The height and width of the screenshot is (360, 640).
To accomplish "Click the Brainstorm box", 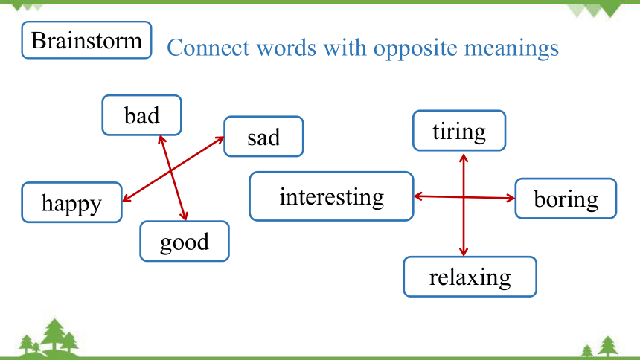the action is pyautogui.click(x=86, y=40).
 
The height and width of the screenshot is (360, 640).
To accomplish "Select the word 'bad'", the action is pyautogui.click(x=141, y=115).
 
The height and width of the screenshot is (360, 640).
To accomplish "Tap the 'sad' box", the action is pyautogui.click(x=263, y=136).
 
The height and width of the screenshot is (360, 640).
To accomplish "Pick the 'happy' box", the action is pyautogui.click(x=72, y=202).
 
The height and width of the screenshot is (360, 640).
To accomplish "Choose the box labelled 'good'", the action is pyautogui.click(x=185, y=241).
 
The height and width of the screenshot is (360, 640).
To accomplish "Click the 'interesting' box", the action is pyautogui.click(x=331, y=196).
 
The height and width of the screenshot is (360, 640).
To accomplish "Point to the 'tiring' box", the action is pyautogui.click(x=459, y=131).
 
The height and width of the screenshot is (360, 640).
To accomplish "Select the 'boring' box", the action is pyautogui.click(x=566, y=199).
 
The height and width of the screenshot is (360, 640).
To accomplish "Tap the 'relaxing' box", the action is pyautogui.click(x=470, y=277).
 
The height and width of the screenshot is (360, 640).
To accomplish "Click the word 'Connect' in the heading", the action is pyautogui.click(x=208, y=48).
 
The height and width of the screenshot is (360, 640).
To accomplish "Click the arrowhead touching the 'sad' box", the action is pyautogui.click(x=220, y=140).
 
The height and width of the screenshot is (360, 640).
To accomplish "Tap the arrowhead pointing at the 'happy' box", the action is pyautogui.click(x=127, y=198).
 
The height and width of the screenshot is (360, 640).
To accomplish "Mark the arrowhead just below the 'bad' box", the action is pyautogui.click(x=161, y=140).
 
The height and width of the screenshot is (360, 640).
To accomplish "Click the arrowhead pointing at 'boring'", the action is pyautogui.click(x=511, y=199).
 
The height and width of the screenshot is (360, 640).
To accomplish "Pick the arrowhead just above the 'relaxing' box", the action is pyautogui.click(x=464, y=251).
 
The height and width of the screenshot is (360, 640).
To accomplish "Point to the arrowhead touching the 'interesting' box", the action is pyautogui.click(x=418, y=196).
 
